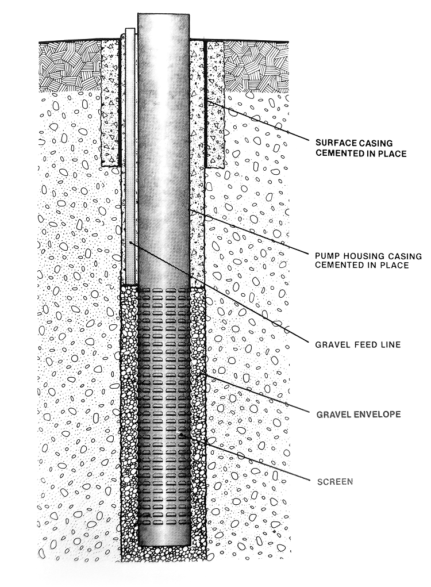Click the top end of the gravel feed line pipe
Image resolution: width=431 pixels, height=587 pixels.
click(x=130, y=31)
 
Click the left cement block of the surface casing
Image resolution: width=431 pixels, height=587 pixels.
click(x=110, y=103)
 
